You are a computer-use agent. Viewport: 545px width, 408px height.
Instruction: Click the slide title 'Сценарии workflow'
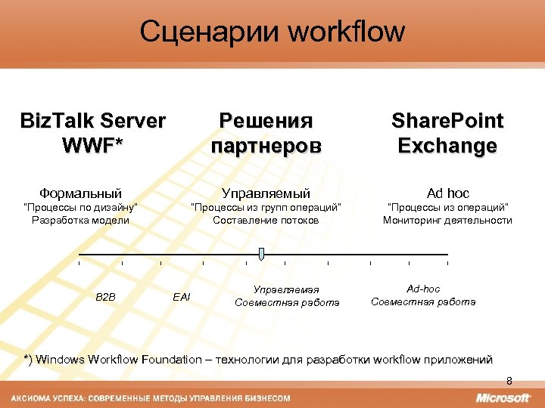(272, 32)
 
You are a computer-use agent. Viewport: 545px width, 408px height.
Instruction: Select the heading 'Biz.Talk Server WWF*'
(92, 133)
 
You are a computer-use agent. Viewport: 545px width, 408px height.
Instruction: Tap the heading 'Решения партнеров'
(266, 133)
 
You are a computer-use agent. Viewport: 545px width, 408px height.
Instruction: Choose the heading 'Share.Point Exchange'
(447, 133)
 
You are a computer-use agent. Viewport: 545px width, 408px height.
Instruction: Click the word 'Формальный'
(81, 193)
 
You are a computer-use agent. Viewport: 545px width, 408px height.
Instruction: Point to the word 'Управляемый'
(266, 193)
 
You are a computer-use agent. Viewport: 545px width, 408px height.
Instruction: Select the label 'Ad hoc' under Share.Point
(447, 193)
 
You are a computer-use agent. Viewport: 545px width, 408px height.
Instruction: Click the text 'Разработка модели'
(81, 221)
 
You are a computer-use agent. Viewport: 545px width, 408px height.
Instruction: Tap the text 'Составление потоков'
(266, 221)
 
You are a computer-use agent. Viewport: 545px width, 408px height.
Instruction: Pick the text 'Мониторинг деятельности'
(447, 221)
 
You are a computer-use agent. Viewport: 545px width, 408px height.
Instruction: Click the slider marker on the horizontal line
(261, 254)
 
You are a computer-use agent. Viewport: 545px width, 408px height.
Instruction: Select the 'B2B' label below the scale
(105, 297)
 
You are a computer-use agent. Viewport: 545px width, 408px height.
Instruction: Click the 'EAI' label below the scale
(182, 297)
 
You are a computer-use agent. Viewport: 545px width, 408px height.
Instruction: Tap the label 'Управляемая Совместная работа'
(287, 296)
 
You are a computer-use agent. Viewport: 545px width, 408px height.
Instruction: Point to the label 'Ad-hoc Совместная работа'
(423, 295)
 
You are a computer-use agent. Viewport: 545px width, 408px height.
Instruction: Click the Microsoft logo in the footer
(503, 397)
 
